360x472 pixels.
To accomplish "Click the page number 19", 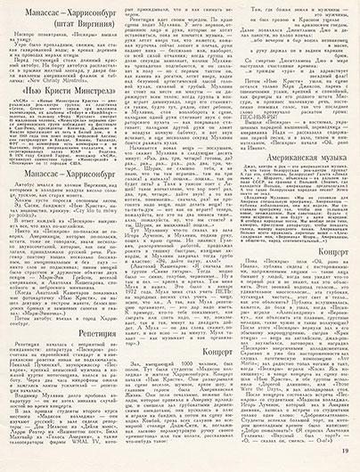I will pos(344,457).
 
